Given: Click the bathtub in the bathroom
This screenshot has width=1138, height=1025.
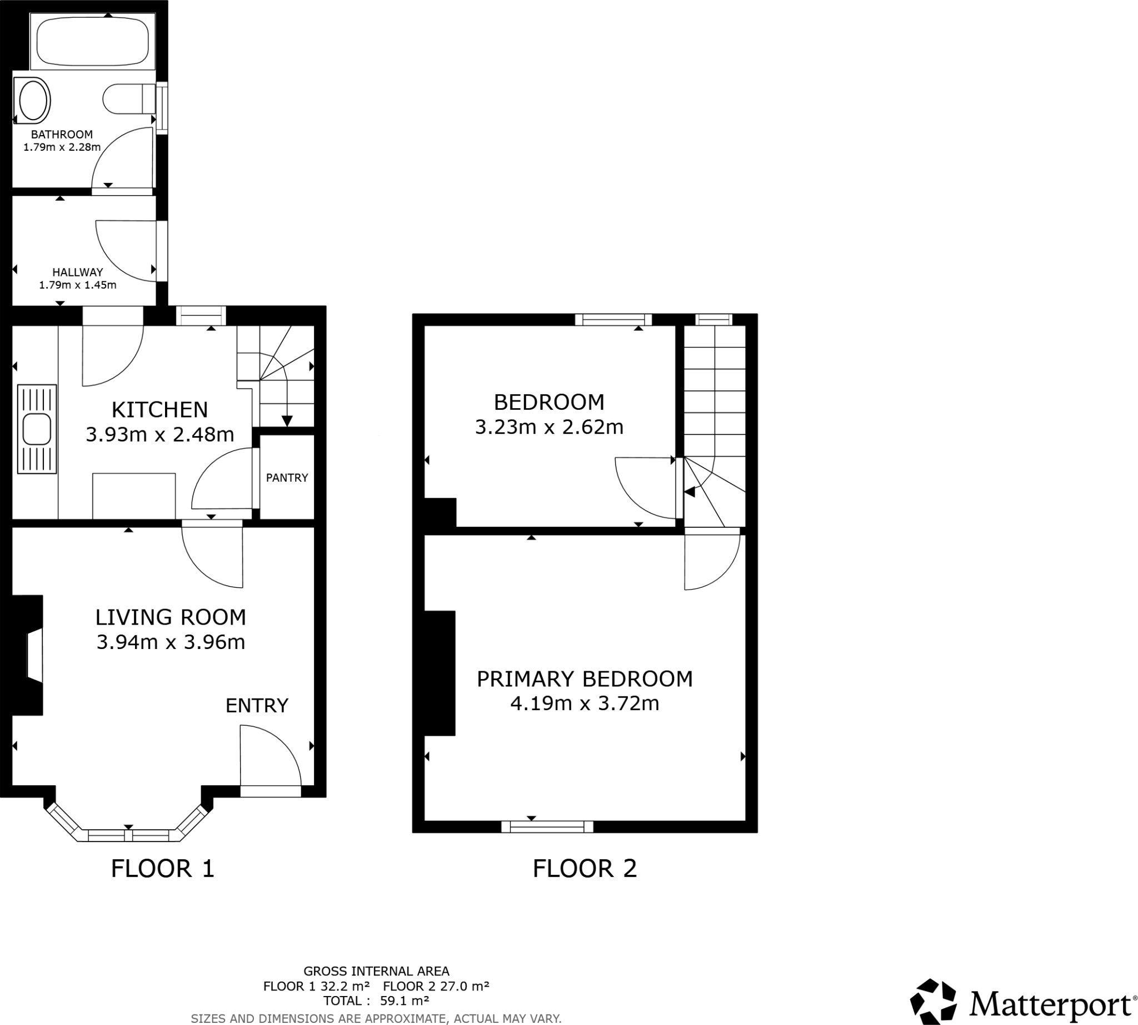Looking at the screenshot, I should (x=93, y=41).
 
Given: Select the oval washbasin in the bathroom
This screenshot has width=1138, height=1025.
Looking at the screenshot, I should (x=33, y=101).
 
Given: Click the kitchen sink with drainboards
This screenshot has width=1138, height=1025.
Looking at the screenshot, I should (x=37, y=429).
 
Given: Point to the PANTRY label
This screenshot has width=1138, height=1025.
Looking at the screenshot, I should (x=287, y=478).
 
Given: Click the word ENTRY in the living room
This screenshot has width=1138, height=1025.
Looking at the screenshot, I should (x=257, y=706).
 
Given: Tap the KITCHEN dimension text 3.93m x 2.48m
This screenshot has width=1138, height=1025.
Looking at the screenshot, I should (x=160, y=435).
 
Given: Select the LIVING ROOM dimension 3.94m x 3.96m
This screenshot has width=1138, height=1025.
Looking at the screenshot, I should (x=171, y=642).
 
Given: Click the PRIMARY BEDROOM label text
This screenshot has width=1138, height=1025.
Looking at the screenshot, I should (x=585, y=679).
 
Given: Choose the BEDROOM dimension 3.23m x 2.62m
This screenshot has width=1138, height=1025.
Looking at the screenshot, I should (x=550, y=427).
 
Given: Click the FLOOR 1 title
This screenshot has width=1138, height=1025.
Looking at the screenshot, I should (x=163, y=868).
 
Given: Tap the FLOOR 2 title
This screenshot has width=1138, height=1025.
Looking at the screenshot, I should (x=585, y=868).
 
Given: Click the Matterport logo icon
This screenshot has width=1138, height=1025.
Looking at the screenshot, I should (x=932, y=1002).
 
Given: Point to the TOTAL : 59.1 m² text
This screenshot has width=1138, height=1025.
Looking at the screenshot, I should (x=376, y=1000).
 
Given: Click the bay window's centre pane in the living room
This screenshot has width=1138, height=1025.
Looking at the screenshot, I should (x=128, y=835).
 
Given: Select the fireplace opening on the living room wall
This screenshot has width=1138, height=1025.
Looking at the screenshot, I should (x=35, y=656).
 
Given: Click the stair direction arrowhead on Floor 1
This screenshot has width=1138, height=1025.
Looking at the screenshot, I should (x=287, y=420).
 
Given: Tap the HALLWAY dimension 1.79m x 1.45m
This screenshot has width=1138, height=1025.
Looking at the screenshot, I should (x=78, y=285).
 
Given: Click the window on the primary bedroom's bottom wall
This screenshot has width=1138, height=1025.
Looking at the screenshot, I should (x=547, y=826).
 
